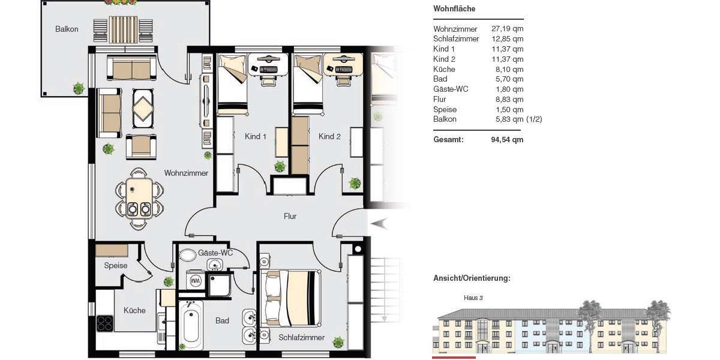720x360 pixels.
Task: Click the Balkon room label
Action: [x=67, y=29]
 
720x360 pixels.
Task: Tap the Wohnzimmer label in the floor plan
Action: [x=186, y=173]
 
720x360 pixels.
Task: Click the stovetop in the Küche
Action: [x=105, y=323]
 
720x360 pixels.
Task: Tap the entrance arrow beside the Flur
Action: [x=380, y=224]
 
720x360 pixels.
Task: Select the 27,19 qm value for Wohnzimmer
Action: [x=507, y=29]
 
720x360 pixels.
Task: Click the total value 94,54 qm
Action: [x=507, y=140]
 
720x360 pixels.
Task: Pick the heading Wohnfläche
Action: [x=454, y=9]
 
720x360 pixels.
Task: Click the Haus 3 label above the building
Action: [x=473, y=298]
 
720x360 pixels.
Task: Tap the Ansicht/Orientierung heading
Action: [x=472, y=278]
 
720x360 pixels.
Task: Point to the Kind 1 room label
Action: [x=256, y=137]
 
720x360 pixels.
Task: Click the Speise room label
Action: [x=115, y=265]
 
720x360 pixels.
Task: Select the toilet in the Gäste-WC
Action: [x=188, y=255]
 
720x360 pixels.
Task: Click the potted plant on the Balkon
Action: [x=79, y=88]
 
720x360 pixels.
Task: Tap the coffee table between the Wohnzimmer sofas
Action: [x=143, y=109]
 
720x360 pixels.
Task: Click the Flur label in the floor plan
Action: [x=290, y=216]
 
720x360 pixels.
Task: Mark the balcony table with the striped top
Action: [x=123, y=28]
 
